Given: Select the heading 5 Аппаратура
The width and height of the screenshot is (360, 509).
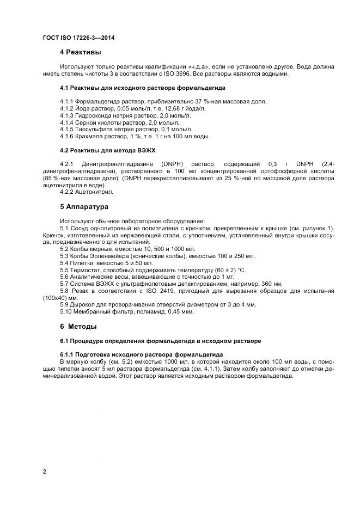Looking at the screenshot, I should click(84, 207).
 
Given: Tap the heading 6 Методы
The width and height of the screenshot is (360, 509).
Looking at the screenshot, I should click(78, 327).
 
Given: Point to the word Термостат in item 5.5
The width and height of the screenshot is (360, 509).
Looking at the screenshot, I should click(86, 269).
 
